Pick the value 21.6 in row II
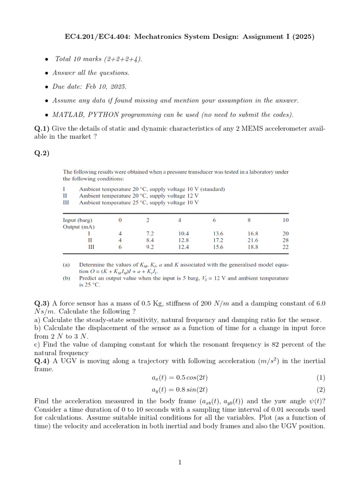click(x=253, y=240)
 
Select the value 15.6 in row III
click(x=218, y=247)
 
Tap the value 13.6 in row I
click(x=218, y=233)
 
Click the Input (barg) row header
click(x=78, y=220)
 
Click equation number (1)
click(x=320, y=377)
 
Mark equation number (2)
click(x=320, y=390)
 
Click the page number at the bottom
click(x=180, y=463)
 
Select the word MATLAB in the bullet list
click(x=68, y=115)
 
